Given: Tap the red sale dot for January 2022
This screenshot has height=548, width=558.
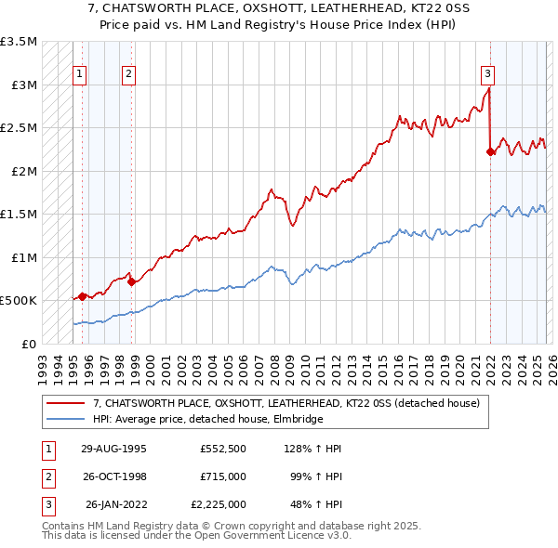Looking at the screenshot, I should pyautogui.click(x=490, y=151).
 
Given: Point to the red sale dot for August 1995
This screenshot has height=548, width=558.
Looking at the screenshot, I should pyautogui.click(x=82, y=296).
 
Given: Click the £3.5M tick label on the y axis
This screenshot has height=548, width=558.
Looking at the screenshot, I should pyautogui.click(x=19, y=42).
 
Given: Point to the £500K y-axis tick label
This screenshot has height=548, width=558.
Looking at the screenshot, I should pyautogui.click(x=19, y=301).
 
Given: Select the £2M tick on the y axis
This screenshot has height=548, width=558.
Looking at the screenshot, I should pyautogui.click(x=22, y=171).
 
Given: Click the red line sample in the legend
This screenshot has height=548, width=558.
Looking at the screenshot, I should pyautogui.click(x=67, y=404).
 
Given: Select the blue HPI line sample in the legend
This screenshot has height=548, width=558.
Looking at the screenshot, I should pyautogui.click(x=67, y=420).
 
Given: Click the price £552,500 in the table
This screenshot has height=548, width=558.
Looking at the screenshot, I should pyautogui.click(x=222, y=449).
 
